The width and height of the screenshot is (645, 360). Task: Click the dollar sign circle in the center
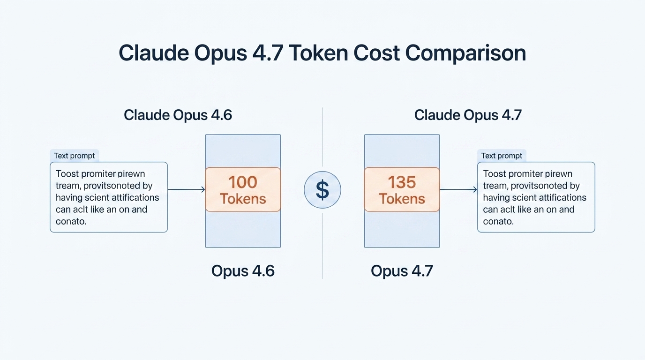[322, 190]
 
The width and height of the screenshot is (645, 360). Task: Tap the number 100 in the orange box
[243, 182]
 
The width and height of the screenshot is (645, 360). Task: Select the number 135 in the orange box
[402, 182]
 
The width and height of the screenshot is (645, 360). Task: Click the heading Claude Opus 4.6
[178, 115]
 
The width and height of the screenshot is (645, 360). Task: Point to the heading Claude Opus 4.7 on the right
[468, 115]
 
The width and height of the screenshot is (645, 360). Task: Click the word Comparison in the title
[465, 53]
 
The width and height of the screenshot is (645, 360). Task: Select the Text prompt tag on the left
[74, 156]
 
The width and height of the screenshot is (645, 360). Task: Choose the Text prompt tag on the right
[502, 156]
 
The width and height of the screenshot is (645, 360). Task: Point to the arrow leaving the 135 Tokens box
[458, 189]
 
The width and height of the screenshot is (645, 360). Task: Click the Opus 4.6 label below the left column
[243, 270]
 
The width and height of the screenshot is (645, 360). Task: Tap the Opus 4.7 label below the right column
[402, 270]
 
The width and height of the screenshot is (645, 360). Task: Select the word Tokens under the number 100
[243, 199]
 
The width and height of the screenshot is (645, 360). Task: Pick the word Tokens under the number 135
[402, 199]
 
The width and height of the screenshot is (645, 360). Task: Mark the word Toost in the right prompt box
[495, 174]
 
